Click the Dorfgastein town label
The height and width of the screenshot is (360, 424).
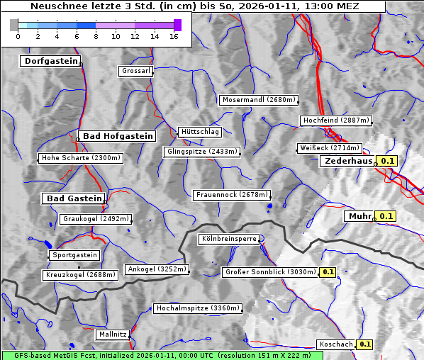click(x=50, y=62)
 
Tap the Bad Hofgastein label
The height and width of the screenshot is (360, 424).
click(x=117, y=136)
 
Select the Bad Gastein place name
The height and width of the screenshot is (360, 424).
click(x=74, y=198)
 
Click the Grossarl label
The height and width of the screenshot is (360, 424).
click(x=136, y=71)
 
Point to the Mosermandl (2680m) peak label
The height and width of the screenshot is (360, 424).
click(x=259, y=100)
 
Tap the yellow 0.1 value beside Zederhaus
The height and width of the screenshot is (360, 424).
click(x=387, y=162)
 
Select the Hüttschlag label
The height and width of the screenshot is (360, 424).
click(x=200, y=132)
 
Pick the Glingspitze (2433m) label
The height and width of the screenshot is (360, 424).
click(x=203, y=152)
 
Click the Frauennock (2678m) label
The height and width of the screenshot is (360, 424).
click(x=232, y=195)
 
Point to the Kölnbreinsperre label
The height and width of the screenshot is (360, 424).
click(x=228, y=240)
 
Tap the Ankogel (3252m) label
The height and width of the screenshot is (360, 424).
click(x=157, y=269)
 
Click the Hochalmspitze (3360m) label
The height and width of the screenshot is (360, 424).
click(x=198, y=309)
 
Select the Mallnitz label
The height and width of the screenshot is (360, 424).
click(x=113, y=334)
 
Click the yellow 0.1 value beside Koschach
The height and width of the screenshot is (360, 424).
click(x=364, y=344)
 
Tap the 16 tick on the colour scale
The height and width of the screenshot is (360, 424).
click(x=174, y=36)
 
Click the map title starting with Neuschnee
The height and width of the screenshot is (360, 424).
click(x=194, y=6)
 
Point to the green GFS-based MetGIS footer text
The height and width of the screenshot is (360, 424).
click(x=156, y=355)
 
